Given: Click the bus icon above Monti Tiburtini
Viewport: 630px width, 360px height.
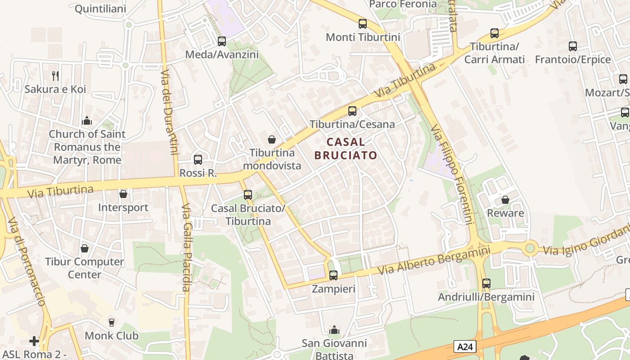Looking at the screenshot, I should pyautogui.click(x=362, y=24).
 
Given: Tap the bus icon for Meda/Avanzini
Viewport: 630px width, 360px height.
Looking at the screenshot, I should pyautogui.click(x=222, y=41).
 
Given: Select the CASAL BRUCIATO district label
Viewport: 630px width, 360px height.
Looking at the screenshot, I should pyautogui.click(x=346, y=149).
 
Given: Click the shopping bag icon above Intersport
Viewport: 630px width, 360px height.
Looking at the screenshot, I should pyautogui.click(x=123, y=194).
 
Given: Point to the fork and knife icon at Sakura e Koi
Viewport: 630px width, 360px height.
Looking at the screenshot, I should pyautogui.click(x=55, y=76).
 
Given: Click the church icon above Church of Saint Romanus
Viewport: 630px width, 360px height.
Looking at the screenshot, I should pyautogui.click(x=87, y=121).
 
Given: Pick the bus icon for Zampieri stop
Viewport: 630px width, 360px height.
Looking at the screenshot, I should pyautogui.click(x=333, y=275).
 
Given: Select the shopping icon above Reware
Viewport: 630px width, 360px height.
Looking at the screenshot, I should pyautogui.click(x=505, y=200).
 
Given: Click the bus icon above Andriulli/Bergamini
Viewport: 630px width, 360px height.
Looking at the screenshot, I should pyautogui.click(x=486, y=283).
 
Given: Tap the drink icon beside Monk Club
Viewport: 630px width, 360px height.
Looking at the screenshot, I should pyautogui.click(x=112, y=322).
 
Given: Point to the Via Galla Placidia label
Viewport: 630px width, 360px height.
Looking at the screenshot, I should pyautogui.click(x=187, y=247).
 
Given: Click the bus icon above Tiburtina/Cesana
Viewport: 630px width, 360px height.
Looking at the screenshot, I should pyautogui.click(x=352, y=111).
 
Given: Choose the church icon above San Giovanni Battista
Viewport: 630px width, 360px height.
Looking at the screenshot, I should pyautogui.click(x=334, y=330).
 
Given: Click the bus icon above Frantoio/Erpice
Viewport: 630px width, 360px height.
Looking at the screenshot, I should pyautogui.click(x=572, y=46).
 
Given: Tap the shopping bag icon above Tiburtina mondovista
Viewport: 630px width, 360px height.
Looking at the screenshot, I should pyautogui.click(x=272, y=139).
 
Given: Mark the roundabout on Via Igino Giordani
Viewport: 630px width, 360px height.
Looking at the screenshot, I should pyautogui.click(x=531, y=248).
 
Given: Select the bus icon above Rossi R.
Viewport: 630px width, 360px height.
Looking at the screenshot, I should pyautogui.click(x=198, y=159).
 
